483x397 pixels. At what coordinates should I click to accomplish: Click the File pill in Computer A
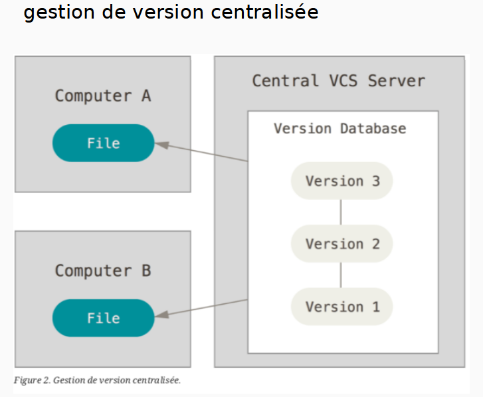click(x=103, y=143)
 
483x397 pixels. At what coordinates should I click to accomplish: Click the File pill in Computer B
click(x=103, y=318)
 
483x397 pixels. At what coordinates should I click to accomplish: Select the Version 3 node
click(x=341, y=181)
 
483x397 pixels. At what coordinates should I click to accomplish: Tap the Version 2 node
click(x=341, y=244)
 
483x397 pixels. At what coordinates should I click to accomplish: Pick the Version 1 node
click(x=341, y=307)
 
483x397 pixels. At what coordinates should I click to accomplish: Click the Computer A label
click(x=102, y=96)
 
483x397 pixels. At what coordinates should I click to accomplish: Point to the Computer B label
click(x=102, y=271)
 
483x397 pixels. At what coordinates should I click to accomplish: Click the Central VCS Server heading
click(x=338, y=81)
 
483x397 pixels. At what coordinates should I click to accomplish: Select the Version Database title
click(x=339, y=128)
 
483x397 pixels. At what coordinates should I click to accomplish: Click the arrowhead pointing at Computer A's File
click(x=160, y=143)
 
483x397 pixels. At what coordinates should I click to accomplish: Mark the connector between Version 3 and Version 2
click(x=341, y=212)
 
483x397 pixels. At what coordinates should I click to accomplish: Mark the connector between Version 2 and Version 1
click(x=341, y=276)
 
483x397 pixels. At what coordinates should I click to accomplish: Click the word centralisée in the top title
click(x=262, y=13)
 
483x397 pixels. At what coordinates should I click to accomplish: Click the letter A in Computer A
click(x=145, y=96)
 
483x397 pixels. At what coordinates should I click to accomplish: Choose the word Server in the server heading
click(x=396, y=81)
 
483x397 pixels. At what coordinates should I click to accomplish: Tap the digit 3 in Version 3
click(x=375, y=181)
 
